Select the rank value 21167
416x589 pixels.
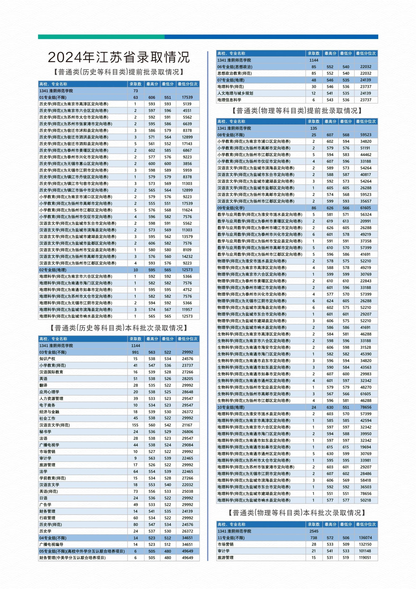tap(187, 425)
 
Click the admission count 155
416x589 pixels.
tap(135, 425)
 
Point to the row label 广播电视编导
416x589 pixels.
tap(51, 544)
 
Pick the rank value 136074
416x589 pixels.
tap(366, 538)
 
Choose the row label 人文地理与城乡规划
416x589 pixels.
tap(235, 93)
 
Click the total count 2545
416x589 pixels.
tap(314, 531)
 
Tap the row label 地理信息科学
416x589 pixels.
tap(229, 100)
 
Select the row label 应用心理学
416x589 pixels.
tap(49, 392)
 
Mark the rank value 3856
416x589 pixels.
tap(187, 164)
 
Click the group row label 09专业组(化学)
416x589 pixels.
tap(231, 208)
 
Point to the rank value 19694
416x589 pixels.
tap(366, 447)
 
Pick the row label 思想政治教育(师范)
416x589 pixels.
tap(234, 73)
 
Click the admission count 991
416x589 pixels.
tap(135, 352)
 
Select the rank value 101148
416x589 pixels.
tap(366, 551)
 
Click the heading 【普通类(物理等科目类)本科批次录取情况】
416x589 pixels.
tap(297, 513)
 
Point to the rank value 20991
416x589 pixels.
tap(366, 221)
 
